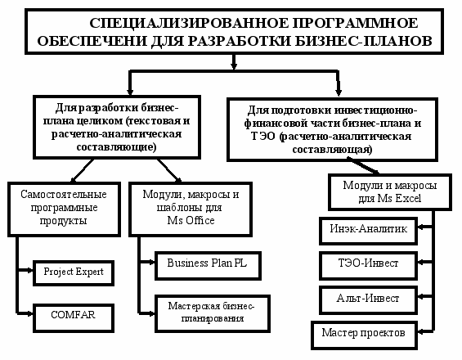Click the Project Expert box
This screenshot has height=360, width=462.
click(74, 273)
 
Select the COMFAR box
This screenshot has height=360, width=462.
click(74, 318)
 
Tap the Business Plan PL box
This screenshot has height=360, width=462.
click(208, 266)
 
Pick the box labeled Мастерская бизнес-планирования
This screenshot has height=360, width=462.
click(213, 313)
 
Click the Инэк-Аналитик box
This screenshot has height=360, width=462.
click(368, 232)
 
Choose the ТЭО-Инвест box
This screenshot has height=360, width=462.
click(368, 266)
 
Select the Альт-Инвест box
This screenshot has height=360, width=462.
click(368, 300)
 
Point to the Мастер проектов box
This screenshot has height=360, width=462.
click(364, 335)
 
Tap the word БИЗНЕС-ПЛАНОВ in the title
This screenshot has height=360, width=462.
click(364, 41)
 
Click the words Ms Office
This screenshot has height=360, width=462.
click(191, 221)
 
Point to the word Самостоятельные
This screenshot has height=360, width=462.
click(64, 195)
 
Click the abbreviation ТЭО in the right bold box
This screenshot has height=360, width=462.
click(263, 137)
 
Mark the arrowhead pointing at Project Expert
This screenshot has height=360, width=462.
click(29, 270)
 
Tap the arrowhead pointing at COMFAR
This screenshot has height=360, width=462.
click(29, 313)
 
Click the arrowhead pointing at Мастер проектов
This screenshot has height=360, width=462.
click(421, 331)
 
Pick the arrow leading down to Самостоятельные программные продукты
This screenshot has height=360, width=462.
click(83, 171)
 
